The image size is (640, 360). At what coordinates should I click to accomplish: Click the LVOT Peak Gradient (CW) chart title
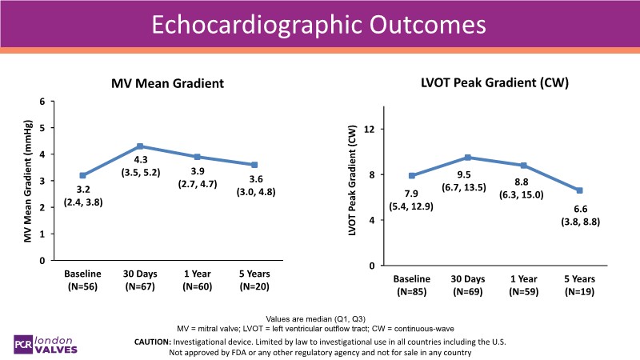(488, 82)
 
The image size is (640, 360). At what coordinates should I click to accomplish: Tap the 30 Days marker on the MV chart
(140, 146)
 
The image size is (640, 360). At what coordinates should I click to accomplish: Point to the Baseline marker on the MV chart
(83, 175)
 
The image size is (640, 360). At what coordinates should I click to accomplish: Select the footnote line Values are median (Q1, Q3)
(319, 318)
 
